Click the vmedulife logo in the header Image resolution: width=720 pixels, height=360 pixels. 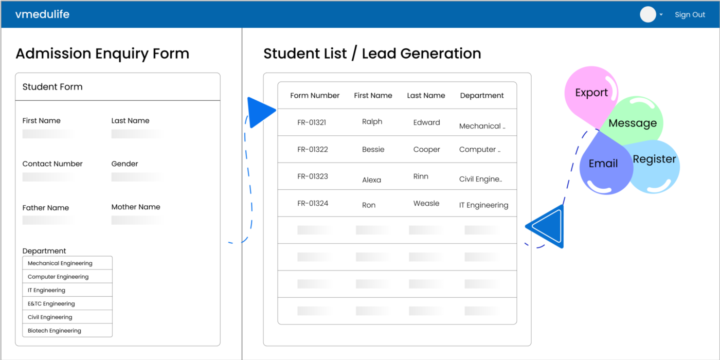(42, 14)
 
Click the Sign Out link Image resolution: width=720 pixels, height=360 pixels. (690, 15)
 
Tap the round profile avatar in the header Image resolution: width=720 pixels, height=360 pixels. (647, 14)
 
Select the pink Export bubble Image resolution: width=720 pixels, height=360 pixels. (591, 93)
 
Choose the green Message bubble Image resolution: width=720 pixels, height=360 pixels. (633, 123)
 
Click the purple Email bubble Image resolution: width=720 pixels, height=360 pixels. (603, 164)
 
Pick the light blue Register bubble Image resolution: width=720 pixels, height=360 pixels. (654, 160)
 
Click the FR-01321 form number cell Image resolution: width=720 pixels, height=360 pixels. (312, 122)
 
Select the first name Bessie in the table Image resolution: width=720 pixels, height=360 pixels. (373, 150)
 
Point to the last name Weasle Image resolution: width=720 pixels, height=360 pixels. (426, 204)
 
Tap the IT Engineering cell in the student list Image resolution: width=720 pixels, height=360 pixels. (483, 205)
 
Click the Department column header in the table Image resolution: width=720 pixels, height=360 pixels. (482, 96)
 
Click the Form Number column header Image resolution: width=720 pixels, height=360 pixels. (315, 96)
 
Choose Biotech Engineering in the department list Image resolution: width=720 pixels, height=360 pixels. (55, 331)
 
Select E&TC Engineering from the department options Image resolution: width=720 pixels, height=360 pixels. (51, 304)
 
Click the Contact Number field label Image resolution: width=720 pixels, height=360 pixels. (52, 164)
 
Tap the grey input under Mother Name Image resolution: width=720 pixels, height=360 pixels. (136, 220)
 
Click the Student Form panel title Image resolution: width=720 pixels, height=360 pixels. (52, 87)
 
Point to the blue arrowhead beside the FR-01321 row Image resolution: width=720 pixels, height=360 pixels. (260, 112)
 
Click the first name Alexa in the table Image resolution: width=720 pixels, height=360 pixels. (371, 180)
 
